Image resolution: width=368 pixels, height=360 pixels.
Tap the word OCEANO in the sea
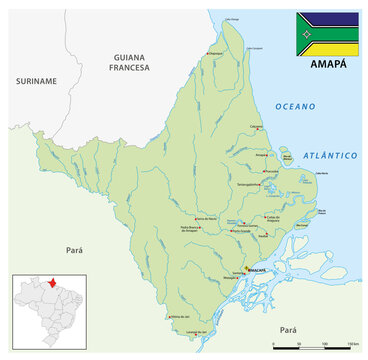(x=296, y=106)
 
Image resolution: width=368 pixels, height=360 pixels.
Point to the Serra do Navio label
(x=206, y=218)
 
